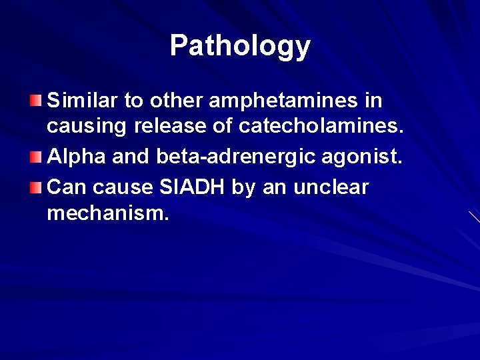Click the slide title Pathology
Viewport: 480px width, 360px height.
pos(240,46)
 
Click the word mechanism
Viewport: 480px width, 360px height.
pos(108,213)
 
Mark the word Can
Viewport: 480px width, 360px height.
pos(65,187)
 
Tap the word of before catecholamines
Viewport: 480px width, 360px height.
pos(233,127)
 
